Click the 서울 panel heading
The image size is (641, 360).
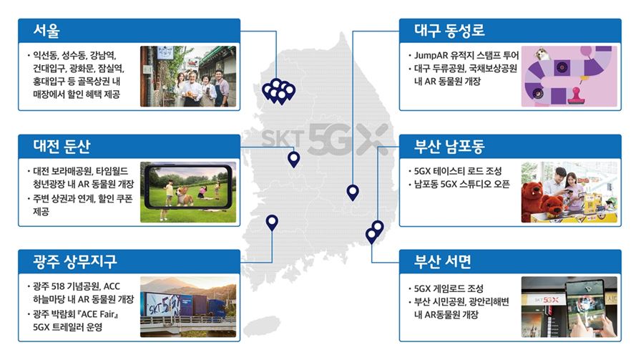47,31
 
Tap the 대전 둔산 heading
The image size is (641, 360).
62,146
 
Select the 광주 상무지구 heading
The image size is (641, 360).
75,261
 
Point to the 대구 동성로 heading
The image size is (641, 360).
449,31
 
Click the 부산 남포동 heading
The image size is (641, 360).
449,146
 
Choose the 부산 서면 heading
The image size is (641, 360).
443,261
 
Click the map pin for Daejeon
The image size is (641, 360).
293,159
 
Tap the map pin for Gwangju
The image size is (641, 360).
272,223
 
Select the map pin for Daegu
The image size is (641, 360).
353,193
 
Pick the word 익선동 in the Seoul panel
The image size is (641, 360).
46,55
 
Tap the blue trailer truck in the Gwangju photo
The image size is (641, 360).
188,306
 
